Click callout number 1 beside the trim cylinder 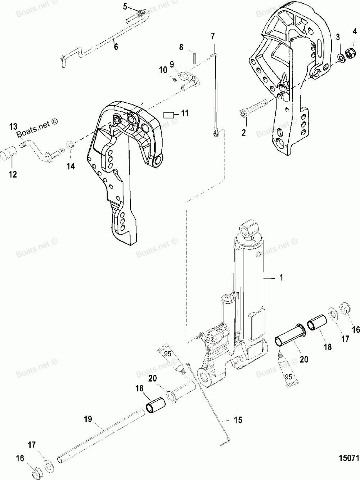tap(281, 277)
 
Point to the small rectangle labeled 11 tap(169, 115)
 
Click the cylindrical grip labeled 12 tap(9, 154)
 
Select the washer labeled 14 tap(70, 146)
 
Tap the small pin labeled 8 tap(194, 58)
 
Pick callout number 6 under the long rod tap(116, 46)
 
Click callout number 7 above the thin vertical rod tap(213, 36)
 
